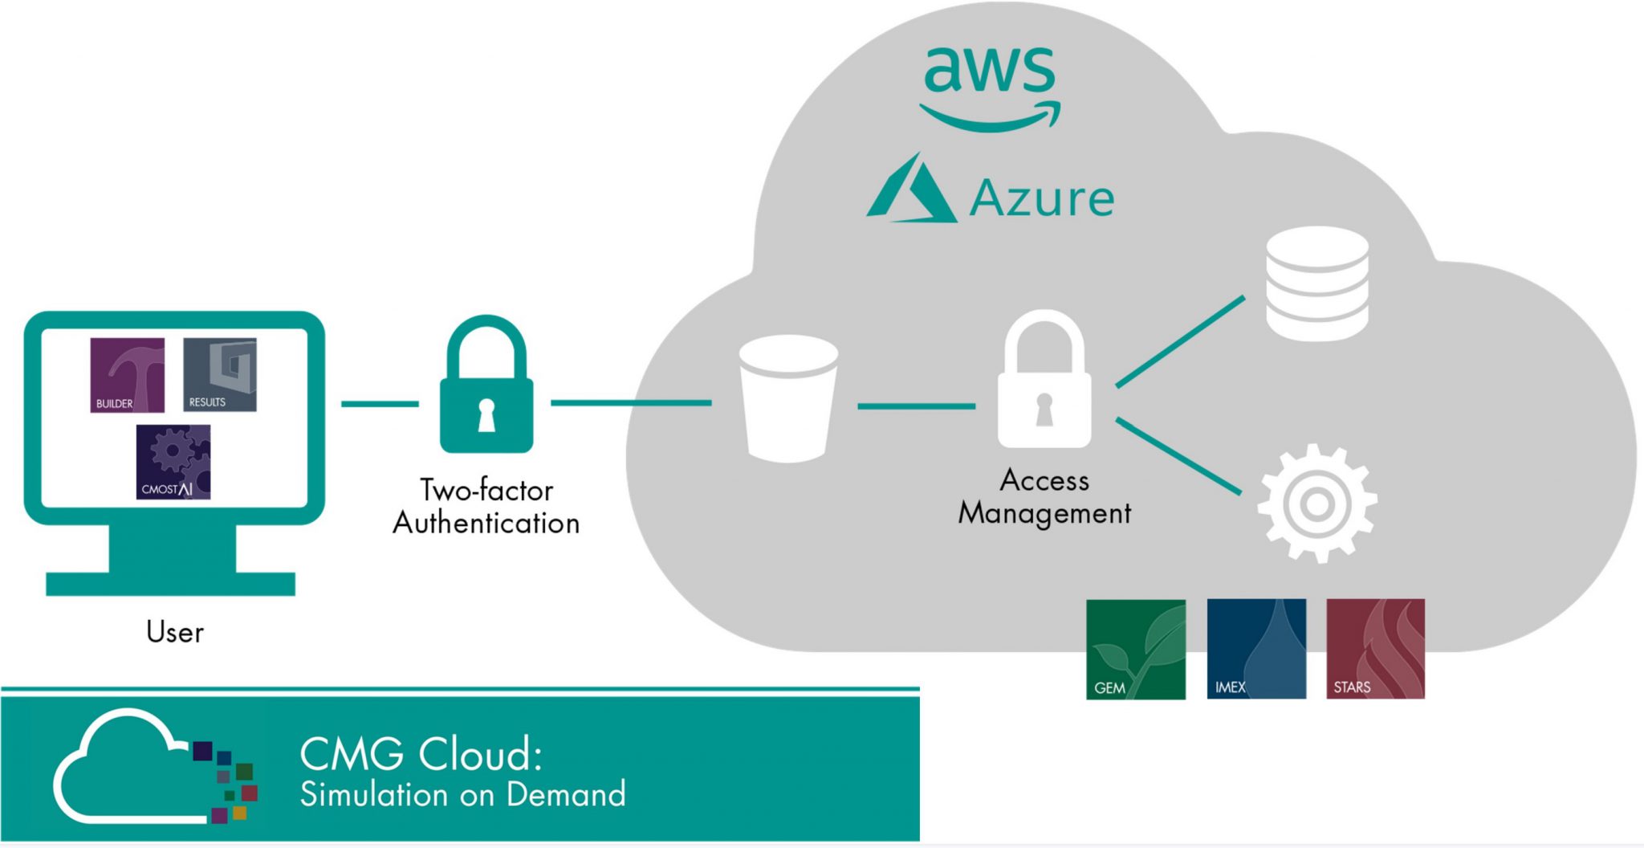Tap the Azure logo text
click(1041, 198)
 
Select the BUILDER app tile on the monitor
click(127, 375)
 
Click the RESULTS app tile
click(220, 375)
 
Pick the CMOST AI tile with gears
click(173, 463)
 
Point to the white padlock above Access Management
click(1044, 382)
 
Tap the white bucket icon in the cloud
click(788, 398)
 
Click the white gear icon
click(1316, 504)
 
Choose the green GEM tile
click(1135, 650)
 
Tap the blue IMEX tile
click(1256, 649)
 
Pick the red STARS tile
click(1375, 649)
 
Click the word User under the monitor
click(175, 633)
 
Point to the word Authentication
click(486, 524)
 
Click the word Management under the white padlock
click(1044, 513)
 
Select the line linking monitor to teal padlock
click(380, 404)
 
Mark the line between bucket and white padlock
click(916, 406)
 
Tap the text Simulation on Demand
click(462, 795)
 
